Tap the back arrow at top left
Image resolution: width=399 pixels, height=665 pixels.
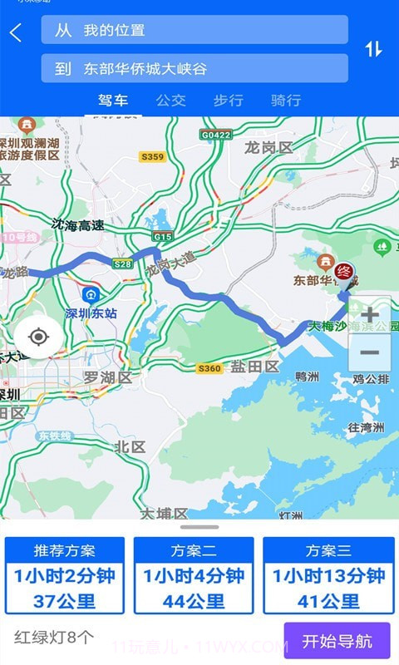(x=16, y=33)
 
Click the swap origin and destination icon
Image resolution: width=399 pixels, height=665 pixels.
(x=373, y=49)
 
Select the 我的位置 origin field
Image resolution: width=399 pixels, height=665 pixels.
(x=195, y=30)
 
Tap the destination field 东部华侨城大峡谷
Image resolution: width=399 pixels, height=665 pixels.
(x=195, y=69)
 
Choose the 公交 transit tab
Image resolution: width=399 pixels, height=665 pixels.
(x=170, y=101)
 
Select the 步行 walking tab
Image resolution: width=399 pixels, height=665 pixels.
(x=228, y=101)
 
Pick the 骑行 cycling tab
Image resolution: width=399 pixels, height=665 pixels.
(x=286, y=101)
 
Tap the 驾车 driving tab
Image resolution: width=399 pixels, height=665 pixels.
(x=113, y=101)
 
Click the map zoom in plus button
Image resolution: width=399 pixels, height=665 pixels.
(x=369, y=315)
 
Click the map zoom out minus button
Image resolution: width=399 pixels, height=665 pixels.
(x=369, y=353)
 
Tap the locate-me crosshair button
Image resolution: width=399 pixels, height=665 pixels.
(x=37, y=337)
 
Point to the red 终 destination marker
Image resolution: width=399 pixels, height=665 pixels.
(x=344, y=271)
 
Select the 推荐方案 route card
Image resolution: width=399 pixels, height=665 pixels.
(x=65, y=575)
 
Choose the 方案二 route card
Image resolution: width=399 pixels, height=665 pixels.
(x=194, y=575)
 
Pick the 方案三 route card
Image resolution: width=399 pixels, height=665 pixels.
(x=328, y=575)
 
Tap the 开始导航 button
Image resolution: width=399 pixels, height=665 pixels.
(x=337, y=641)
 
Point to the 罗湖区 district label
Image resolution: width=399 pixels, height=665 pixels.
(x=107, y=378)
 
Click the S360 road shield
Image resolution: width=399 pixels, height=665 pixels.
(x=210, y=368)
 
